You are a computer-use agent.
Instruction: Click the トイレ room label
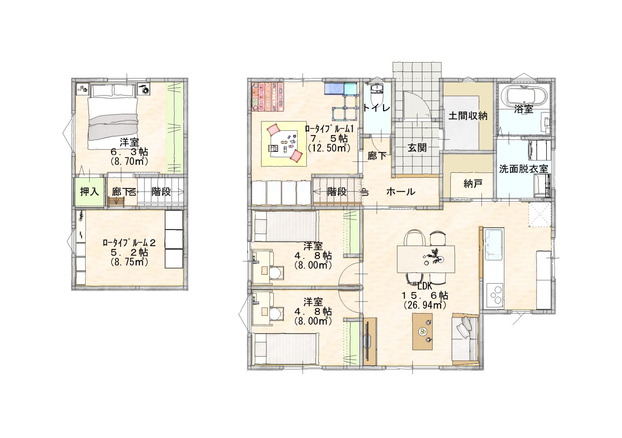(x=376, y=107)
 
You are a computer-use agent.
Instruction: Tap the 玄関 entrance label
(x=417, y=148)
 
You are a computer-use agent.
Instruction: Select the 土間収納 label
(x=468, y=116)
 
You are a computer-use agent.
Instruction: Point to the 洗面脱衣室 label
(x=524, y=169)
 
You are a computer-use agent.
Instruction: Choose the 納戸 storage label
(x=473, y=184)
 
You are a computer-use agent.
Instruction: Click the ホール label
(x=401, y=192)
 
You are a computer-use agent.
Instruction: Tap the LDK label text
(x=425, y=286)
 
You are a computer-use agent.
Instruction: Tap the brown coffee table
(x=422, y=331)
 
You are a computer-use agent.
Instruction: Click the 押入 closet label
(x=89, y=192)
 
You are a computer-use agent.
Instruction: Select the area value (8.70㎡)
(x=129, y=161)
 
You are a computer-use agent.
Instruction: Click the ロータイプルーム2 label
(x=129, y=242)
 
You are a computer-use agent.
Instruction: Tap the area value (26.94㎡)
(x=425, y=305)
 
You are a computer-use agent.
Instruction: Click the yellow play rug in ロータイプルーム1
(x=284, y=144)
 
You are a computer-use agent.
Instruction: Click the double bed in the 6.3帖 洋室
(x=113, y=117)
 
